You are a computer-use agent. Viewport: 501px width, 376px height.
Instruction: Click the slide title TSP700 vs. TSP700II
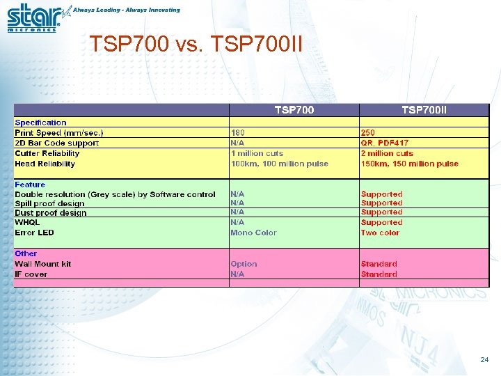(196, 45)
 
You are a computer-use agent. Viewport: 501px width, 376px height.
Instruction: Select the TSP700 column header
(294, 110)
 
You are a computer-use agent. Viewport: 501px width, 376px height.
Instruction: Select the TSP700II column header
(424, 110)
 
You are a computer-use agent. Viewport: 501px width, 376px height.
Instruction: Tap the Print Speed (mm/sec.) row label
(59, 133)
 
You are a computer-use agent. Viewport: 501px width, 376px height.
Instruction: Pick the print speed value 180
(238, 133)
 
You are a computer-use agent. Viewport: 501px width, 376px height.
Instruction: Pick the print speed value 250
(368, 133)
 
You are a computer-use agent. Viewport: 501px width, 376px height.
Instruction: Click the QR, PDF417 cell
(385, 143)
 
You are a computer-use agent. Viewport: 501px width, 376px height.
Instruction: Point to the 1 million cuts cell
(257, 153)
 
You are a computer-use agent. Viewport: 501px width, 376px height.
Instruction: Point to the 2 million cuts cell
(387, 153)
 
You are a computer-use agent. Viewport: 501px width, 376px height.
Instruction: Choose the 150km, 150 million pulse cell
(410, 164)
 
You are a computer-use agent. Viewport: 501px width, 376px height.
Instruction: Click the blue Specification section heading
(41, 123)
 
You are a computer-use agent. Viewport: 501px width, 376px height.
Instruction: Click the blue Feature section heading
(30, 185)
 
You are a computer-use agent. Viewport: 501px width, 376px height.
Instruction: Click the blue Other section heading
(26, 253)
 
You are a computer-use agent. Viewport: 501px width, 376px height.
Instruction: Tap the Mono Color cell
(253, 233)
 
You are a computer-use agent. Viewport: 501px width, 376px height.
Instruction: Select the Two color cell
(381, 233)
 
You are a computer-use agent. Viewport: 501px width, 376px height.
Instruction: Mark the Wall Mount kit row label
(43, 264)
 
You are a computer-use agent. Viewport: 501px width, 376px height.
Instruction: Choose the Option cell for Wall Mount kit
(244, 264)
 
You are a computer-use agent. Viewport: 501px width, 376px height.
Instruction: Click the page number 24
(484, 360)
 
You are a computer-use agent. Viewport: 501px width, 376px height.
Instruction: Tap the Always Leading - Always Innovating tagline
(127, 10)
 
